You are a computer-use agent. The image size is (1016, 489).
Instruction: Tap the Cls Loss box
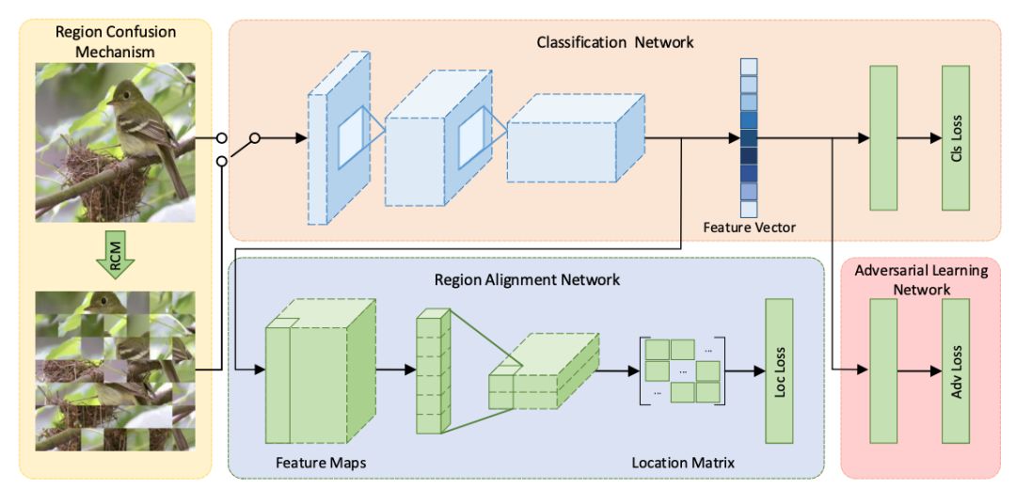[956, 137]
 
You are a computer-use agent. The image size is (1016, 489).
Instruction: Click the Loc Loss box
[780, 371]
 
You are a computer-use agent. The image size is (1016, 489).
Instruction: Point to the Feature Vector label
[749, 228]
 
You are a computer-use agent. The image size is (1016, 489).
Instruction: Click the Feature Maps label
[313, 463]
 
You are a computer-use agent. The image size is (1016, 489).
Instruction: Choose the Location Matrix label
[682, 463]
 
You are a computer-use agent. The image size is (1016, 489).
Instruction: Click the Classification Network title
[615, 42]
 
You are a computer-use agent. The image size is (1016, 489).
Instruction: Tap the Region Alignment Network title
[527, 280]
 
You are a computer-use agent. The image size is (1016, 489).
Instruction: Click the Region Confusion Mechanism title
[116, 41]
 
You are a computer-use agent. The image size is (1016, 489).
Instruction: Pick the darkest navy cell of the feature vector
[749, 156]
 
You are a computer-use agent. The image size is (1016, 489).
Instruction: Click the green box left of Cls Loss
[882, 137]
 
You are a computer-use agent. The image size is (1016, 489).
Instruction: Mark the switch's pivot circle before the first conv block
[255, 138]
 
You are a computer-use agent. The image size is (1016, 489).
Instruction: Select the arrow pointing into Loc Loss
[745, 371]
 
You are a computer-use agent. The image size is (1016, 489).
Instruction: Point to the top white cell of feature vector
[749, 67]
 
